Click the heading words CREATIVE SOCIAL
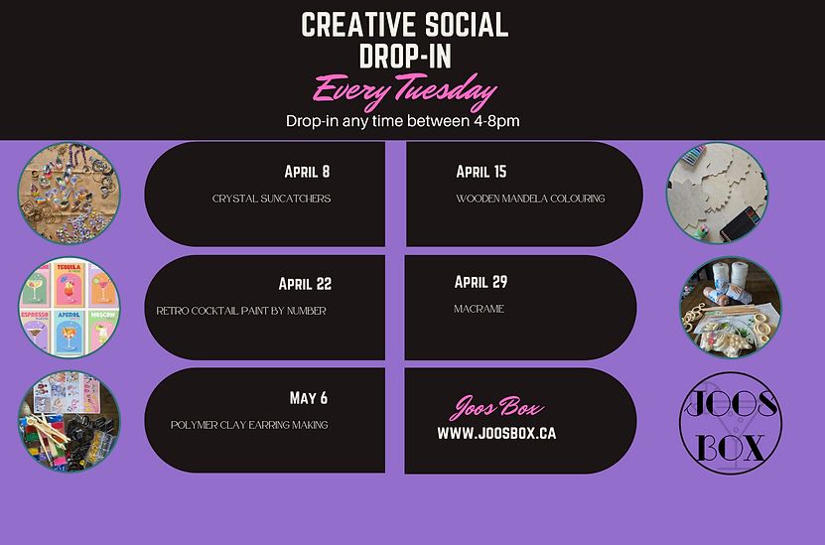coord(405,25)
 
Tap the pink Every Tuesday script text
coord(404,90)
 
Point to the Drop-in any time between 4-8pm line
coord(402,121)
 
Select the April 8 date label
coord(308,172)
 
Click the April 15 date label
coord(481,172)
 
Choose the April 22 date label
coord(305,284)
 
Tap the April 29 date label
coord(481,282)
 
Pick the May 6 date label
coord(309,398)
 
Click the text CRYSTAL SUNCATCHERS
coord(271,199)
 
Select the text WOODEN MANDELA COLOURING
coord(530,199)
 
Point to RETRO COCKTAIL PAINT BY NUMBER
coord(241,311)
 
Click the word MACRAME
coord(479,309)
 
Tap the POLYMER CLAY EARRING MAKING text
coord(249,425)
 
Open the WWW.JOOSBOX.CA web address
coord(496,433)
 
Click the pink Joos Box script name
coord(496,408)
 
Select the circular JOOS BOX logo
coord(731,423)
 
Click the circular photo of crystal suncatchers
coord(69,193)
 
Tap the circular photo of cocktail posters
coord(69,307)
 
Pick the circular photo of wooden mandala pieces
coord(717,193)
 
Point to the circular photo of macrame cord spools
coord(731,307)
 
